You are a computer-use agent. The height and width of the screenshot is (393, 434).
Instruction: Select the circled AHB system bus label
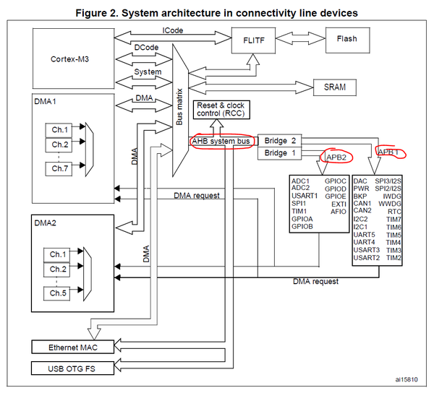pyautogui.click(x=222, y=141)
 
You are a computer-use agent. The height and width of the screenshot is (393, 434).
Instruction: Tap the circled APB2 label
pyautogui.click(x=336, y=156)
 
